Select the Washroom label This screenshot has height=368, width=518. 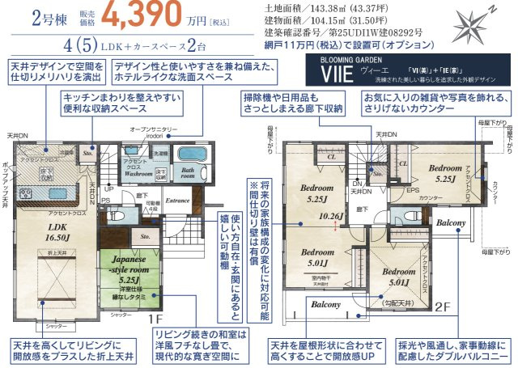(138, 172)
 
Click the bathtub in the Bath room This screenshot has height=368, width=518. (190, 154)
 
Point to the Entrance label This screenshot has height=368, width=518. (177, 200)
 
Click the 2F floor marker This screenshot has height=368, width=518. (442, 307)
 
